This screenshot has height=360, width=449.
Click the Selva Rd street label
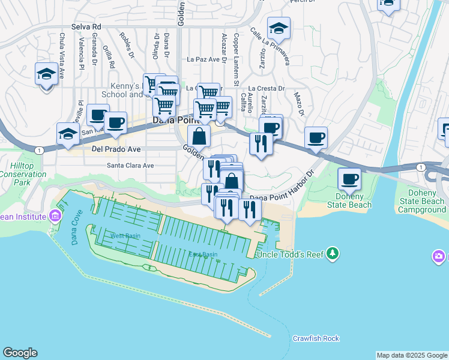tap(86, 26)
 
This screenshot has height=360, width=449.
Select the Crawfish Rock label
tap(316, 338)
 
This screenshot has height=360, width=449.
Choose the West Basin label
tap(125, 236)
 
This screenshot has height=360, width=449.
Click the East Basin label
tap(202, 254)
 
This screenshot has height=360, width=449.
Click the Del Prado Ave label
tap(116, 149)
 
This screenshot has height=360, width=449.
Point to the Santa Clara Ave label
tap(130, 166)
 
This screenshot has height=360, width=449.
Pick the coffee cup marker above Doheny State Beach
tap(349, 178)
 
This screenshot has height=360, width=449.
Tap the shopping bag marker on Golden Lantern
tap(199, 136)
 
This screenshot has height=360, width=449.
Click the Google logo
tap(20, 353)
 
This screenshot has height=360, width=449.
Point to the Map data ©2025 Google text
tap(411, 355)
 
